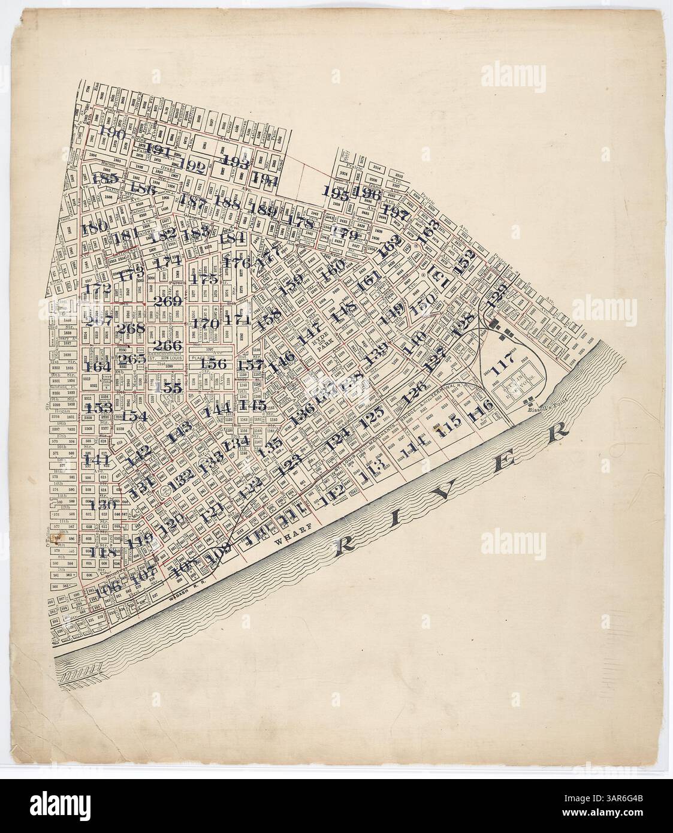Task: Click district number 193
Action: [236, 161]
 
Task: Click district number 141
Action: [96, 460]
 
